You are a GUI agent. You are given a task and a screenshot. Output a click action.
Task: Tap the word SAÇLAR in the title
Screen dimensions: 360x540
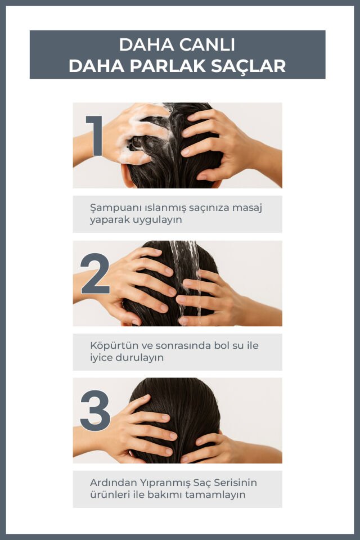tap(249, 66)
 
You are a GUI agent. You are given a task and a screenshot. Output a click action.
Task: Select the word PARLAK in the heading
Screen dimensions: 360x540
tap(168, 66)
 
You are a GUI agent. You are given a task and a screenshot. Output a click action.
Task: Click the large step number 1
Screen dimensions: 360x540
tap(94, 136)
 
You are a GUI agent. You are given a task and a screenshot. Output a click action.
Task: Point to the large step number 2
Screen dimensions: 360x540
tap(95, 274)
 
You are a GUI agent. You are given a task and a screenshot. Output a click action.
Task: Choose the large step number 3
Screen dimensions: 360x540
tap(95, 411)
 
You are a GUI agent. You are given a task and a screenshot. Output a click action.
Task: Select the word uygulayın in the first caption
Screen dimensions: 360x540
tap(157, 220)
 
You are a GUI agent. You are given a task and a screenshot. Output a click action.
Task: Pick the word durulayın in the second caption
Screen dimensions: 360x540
tap(139, 358)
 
